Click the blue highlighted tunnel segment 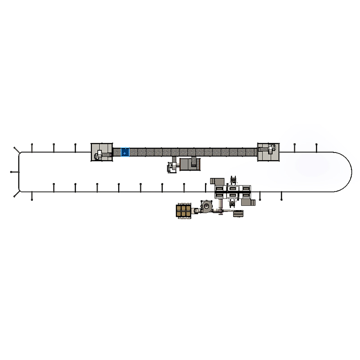tap(125, 153)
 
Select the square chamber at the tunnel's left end tap(101, 152)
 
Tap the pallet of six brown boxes tap(184, 211)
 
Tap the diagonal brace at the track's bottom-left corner tap(16, 194)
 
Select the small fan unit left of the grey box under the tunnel tap(171, 166)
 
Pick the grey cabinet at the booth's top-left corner tap(215, 181)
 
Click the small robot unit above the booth tap(233, 180)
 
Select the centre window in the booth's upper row tap(233, 188)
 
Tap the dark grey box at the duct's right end tap(238, 215)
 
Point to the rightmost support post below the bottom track tap(281, 196)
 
